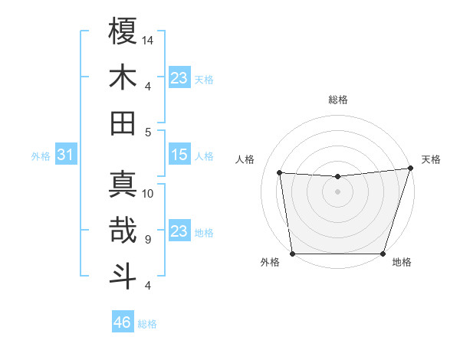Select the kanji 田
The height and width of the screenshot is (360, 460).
pyautogui.click(x=123, y=123)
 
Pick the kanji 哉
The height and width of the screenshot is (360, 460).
pyautogui.click(x=123, y=231)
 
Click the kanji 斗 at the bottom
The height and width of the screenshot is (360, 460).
pyautogui.click(x=123, y=277)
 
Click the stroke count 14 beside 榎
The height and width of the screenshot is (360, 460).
pyautogui.click(x=148, y=39)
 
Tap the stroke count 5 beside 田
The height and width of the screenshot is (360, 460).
pyautogui.click(x=148, y=132)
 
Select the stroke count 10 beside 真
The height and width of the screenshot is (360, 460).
pyautogui.click(x=148, y=193)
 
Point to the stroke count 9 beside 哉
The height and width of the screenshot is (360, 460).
pyautogui.click(x=148, y=240)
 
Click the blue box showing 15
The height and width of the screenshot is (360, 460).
pyautogui.click(x=179, y=155)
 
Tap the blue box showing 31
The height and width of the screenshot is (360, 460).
pyautogui.click(x=65, y=155)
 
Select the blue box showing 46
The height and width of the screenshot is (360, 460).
pyautogui.click(x=123, y=323)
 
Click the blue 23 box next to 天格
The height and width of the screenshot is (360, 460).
pyautogui.click(x=179, y=77)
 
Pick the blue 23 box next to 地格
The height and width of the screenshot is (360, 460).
pyautogui.click(x=179, y=231)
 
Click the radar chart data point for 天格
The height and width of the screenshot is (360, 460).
pyautogui.click(x=410, y=169)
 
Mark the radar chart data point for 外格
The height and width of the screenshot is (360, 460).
pyautogui.click(x=292, y=254)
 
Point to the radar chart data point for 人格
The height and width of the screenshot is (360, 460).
pyautogui.click(x=280, y=173)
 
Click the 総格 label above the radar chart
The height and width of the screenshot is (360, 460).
pyautogui.click(x=338, y=100)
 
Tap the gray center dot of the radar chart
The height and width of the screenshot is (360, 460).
pyautogui.click(x=337, y=192)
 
